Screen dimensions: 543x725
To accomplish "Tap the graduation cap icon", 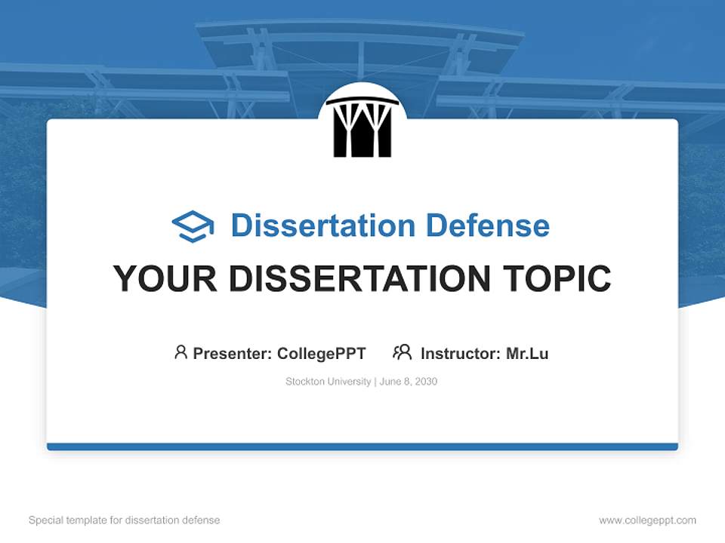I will coord(193,226).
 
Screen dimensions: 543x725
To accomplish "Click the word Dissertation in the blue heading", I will coord(322,225).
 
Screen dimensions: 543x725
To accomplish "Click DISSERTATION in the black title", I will coord(359,279).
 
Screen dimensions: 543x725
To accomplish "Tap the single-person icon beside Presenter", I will coord(180,352).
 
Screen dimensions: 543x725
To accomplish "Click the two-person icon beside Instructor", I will coord(403,352).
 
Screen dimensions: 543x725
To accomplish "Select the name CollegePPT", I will coord(322,354).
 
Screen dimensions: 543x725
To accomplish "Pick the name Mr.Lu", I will coord(527,354).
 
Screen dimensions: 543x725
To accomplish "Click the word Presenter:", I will coord(233,354).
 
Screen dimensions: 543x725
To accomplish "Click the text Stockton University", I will coord(328,382).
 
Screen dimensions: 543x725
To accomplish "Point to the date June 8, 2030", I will coord(409,382).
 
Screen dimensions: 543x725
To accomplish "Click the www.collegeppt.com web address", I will coord(647,520).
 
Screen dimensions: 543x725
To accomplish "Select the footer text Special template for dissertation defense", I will coord(125,520).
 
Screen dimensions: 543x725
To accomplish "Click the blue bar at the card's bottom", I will coord(362,446).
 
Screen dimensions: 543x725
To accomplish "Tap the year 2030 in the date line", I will coord(425,382).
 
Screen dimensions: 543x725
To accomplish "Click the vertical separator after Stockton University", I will coord(375,382).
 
